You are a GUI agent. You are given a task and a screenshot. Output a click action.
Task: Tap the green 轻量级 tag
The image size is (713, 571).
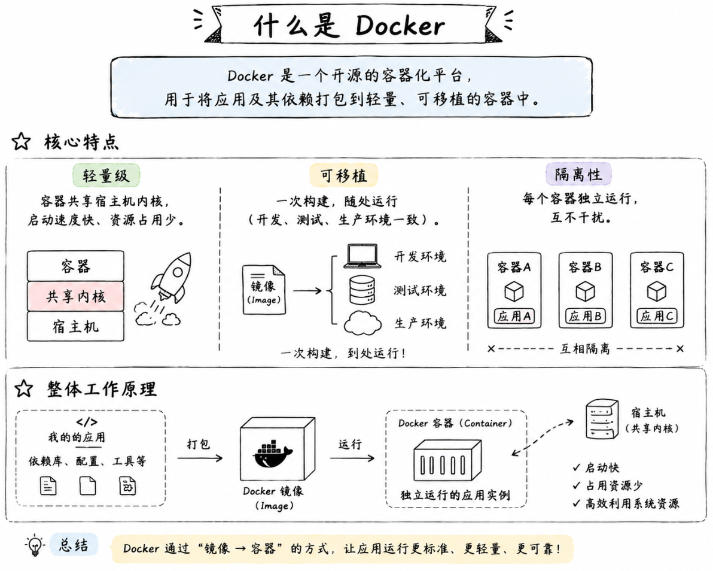[106, 175]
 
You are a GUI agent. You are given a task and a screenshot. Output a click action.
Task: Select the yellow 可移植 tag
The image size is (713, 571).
[343, 175]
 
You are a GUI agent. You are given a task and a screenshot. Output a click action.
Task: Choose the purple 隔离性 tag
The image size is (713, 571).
[578, 174]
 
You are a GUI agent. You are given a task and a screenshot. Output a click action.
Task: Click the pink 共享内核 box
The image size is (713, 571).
[75, 296]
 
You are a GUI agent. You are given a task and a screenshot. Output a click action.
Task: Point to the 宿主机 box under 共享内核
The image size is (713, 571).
[75, 326]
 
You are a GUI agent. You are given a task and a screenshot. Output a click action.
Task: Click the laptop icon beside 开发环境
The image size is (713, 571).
[362, 256]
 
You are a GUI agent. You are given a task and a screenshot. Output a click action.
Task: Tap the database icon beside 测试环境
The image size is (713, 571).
[362, 290]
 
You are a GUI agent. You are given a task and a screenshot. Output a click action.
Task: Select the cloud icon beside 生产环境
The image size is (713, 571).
[362, 323]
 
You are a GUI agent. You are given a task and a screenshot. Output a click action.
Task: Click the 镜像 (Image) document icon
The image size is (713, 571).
[264, 290]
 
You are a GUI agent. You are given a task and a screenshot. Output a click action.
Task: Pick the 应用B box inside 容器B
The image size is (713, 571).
[585, 316]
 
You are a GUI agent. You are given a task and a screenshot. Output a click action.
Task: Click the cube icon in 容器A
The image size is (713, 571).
[514, 291]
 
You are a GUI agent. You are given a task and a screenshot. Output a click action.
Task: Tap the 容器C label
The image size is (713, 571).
[657, 267]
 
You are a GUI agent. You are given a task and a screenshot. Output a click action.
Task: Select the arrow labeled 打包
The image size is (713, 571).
[200, 458]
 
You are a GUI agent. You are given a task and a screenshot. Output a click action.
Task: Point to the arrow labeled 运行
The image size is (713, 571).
[352, 458]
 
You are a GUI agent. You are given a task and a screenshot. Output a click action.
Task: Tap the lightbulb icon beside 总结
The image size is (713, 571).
[35, 545]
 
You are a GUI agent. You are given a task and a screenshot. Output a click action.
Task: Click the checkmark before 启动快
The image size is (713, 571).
[577, 467]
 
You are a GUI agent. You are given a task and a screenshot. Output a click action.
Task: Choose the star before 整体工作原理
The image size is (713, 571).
[24, 389]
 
